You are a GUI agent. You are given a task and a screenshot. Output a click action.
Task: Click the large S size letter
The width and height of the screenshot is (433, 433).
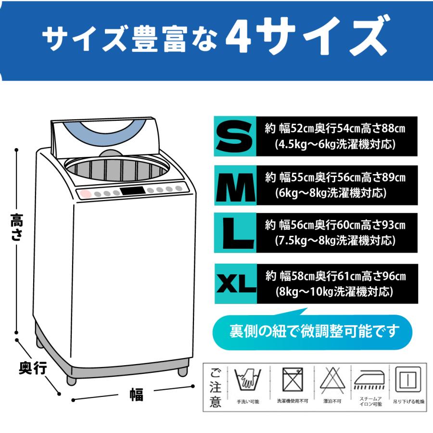pyautogui.click(x=234, y=137)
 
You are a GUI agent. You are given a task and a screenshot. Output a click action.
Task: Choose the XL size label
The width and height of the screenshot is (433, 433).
pyautogui.click(x=236, y=283)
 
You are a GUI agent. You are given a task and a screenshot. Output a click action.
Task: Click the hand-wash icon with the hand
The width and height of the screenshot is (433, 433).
pyautogui.click(x=247, y=379)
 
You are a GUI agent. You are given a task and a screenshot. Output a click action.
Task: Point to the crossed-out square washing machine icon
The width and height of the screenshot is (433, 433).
pyautogui.click(x=293, y=380)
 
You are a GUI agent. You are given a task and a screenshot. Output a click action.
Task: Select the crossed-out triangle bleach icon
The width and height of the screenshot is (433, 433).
pyautogui.click(x=332, y=380)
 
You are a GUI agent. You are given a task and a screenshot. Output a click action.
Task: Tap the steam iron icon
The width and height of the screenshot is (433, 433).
pyautogui.click(x=369, y=380)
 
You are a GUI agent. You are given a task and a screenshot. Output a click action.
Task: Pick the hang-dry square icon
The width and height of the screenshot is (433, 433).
pyautogui.click(x=408, y=379)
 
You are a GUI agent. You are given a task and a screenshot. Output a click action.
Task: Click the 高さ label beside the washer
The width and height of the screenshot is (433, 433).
pyautogui.click(x=17, y=227)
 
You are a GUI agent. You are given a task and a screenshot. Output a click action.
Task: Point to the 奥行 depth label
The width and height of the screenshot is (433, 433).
pyautogui.click(x=33, y=368)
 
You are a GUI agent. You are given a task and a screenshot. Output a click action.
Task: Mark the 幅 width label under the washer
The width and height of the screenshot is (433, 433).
pyautogui.click(x=137, y=395)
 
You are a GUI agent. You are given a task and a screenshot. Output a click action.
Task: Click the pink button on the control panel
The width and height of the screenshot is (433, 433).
pyautogui.click(x=86, y=194)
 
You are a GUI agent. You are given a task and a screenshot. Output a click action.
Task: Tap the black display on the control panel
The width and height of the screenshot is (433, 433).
pyautogui.click(x=133, y=191)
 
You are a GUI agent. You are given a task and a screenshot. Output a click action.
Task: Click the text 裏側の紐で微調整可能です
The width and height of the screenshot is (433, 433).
pyautogui.click(x=315, y=331)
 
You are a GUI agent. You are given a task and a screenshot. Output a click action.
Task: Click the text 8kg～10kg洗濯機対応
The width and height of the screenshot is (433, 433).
pyautogui.click(x=334, y=292)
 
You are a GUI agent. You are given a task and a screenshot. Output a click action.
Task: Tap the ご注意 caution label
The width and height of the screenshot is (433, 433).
pyautogui.click(x=216, y=388)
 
